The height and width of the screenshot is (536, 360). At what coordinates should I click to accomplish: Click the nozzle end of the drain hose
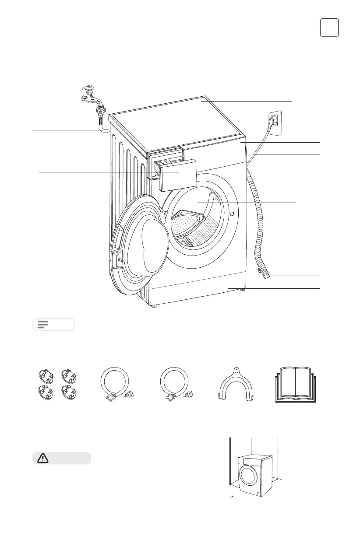[265, 275]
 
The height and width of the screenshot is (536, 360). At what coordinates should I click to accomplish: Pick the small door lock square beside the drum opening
[231, 214]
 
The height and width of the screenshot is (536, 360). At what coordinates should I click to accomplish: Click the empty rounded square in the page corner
[329, 28]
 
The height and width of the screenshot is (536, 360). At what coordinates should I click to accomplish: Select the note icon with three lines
[43, 324]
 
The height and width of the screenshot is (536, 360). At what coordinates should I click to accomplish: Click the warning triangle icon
[43, 458]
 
